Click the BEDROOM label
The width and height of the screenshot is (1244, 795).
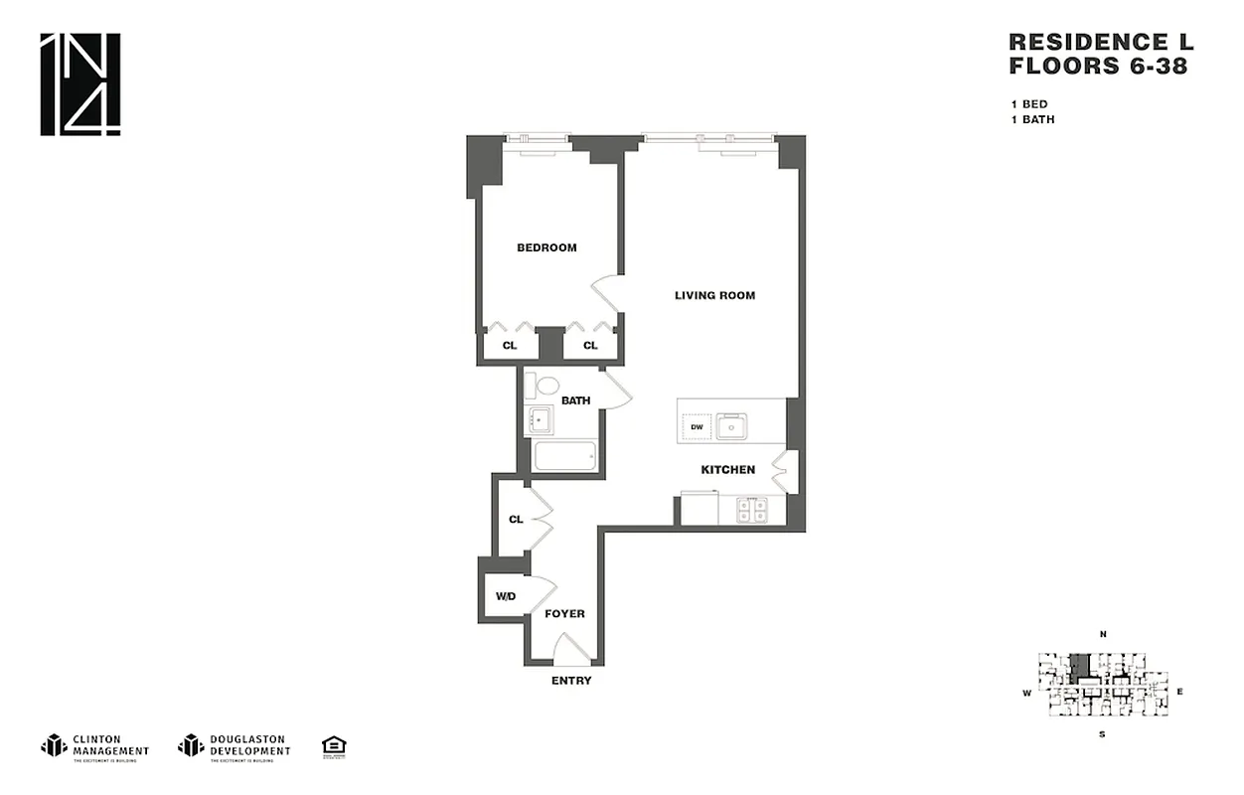[546, 247]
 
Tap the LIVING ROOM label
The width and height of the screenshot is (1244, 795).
[714, 295]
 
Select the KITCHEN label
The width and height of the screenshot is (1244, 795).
[727, 469]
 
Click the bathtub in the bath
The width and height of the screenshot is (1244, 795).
[564, 457]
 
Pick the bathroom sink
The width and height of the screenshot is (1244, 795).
[540, 420]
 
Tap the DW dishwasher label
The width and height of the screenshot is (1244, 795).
[697, 427]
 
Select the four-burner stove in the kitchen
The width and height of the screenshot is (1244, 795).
[751, 510]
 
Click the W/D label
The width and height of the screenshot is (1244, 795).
[506, 596]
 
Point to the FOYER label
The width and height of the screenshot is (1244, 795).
[564, 614]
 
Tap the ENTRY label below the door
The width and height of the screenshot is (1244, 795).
[571, 681]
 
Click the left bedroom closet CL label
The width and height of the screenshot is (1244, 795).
[509, 346]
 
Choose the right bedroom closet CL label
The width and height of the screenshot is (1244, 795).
[590, 346]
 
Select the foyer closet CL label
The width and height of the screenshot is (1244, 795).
[516, 519]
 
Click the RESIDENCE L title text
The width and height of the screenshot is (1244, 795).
[1100, 42]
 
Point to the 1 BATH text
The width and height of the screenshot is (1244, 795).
[1032, 119]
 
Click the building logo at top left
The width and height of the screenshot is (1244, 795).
[80, 84]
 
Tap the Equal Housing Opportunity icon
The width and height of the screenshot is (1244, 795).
[333, 746]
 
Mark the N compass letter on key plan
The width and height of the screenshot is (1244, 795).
[1103, 634]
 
